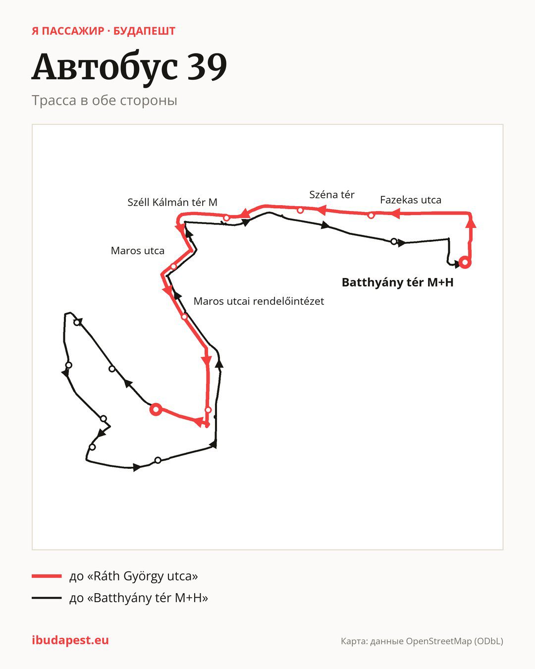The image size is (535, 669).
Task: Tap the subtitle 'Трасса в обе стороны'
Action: pyautogui.click(x=105, y=101)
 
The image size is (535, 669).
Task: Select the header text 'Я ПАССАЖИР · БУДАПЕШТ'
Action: pyautogui.click(x=104, y=31)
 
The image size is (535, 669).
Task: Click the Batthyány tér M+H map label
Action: pyautogui.click(x=397, y=282)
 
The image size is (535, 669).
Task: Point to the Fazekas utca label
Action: pyautogui.click(x=410, y=200)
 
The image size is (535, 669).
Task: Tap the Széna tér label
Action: pyautogui.click(x=332, y=195)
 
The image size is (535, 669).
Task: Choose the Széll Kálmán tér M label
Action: pyautogui.click(x=172, y=202)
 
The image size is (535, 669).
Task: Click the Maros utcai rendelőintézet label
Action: pyautogui.click(x=259, y=301)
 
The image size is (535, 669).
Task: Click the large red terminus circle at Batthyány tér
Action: pyautogui.click(x=465, y=262)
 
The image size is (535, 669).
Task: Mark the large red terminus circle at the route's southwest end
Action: pyautogui.click(x=156, y=409)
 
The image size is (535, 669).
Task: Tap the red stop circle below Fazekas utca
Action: pyautogui.click(x=371, y=215)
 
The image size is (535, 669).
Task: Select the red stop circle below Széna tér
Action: pyautogui.click(x=300, y=211)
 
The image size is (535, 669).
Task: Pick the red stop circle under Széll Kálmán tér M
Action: pyautogui.click(x=226, y=218)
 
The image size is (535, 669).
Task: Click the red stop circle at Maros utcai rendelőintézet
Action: pyautogui.click(x=184, y=317)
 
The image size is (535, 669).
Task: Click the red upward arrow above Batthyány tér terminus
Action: pyautogui.click(x=472, y=223)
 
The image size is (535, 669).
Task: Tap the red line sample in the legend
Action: pyautogui.click(x=47, y=576)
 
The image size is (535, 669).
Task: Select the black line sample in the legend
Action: pyautogui.click(x=47, y=598)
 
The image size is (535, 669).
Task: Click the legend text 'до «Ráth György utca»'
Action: pyautogui.click(x=133, y=576)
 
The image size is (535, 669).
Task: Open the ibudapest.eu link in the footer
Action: pyautogui.click(x=70, y=640)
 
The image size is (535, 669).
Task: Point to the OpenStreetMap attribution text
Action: pyautogui.click(x=422, y=641)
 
